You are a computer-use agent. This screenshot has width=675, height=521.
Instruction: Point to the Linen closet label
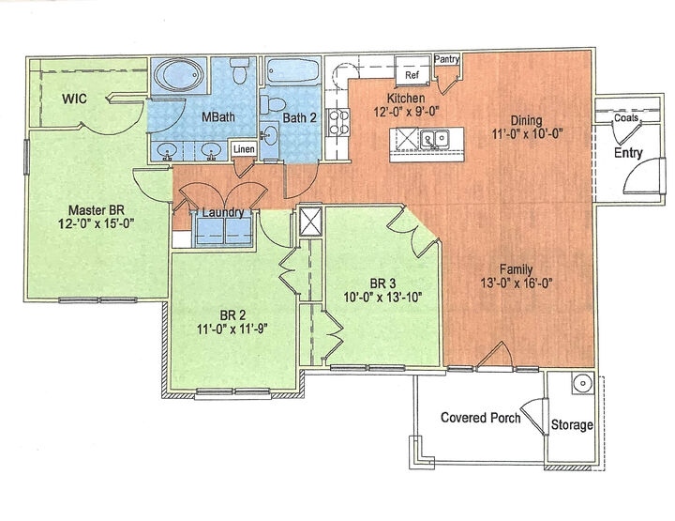point(243,149)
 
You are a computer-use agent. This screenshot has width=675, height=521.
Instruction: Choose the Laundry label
point(224,212)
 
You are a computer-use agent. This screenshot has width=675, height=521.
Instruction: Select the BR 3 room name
point(382,282)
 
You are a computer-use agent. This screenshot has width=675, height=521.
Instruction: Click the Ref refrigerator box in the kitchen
point(411,73)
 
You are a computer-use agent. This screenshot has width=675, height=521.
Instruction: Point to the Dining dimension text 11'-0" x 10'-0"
point(532,134)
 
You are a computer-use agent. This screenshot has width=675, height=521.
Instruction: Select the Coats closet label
point(626,119)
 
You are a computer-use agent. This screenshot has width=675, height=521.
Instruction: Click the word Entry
point(627,152)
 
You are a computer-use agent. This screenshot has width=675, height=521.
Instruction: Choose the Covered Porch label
point(480,417)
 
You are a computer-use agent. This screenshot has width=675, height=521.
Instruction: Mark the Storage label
point(572,425)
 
